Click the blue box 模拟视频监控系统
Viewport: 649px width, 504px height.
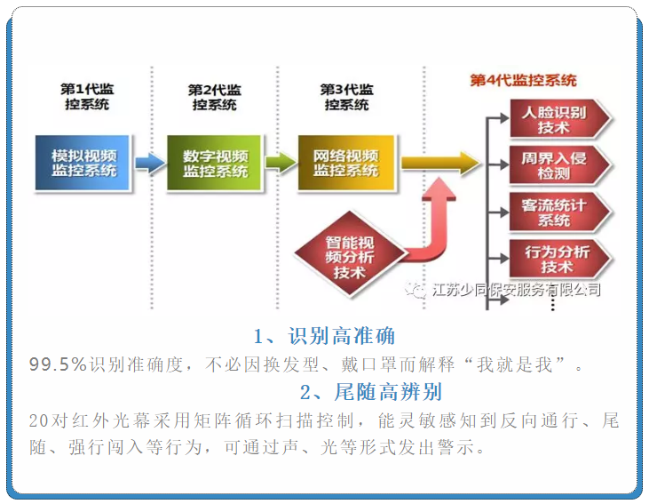tap(83, 163)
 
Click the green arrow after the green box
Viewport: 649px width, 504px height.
tap(280, 163)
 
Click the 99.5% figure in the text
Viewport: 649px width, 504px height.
tap(58, 364)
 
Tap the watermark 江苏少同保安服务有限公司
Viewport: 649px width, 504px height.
tap(514, 290)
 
